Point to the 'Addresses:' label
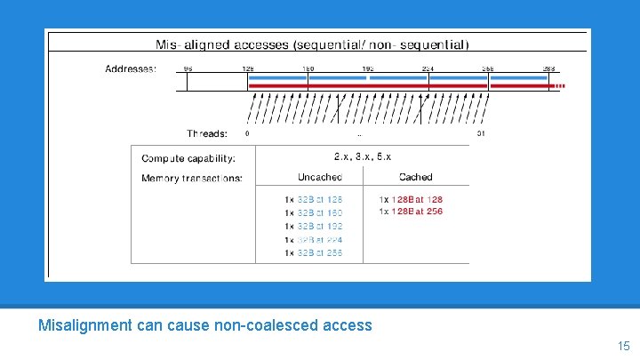131,68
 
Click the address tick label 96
188,68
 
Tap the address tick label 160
308,68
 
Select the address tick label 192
368,68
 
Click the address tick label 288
548,68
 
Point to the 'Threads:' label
207,133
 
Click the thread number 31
481,133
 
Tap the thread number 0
246,133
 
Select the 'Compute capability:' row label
188,158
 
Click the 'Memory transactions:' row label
191,179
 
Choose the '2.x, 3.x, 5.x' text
362,156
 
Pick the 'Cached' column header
416,178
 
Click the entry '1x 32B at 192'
313,227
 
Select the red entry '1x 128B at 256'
411,212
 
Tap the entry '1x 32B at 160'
313,213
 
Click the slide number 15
622,345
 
